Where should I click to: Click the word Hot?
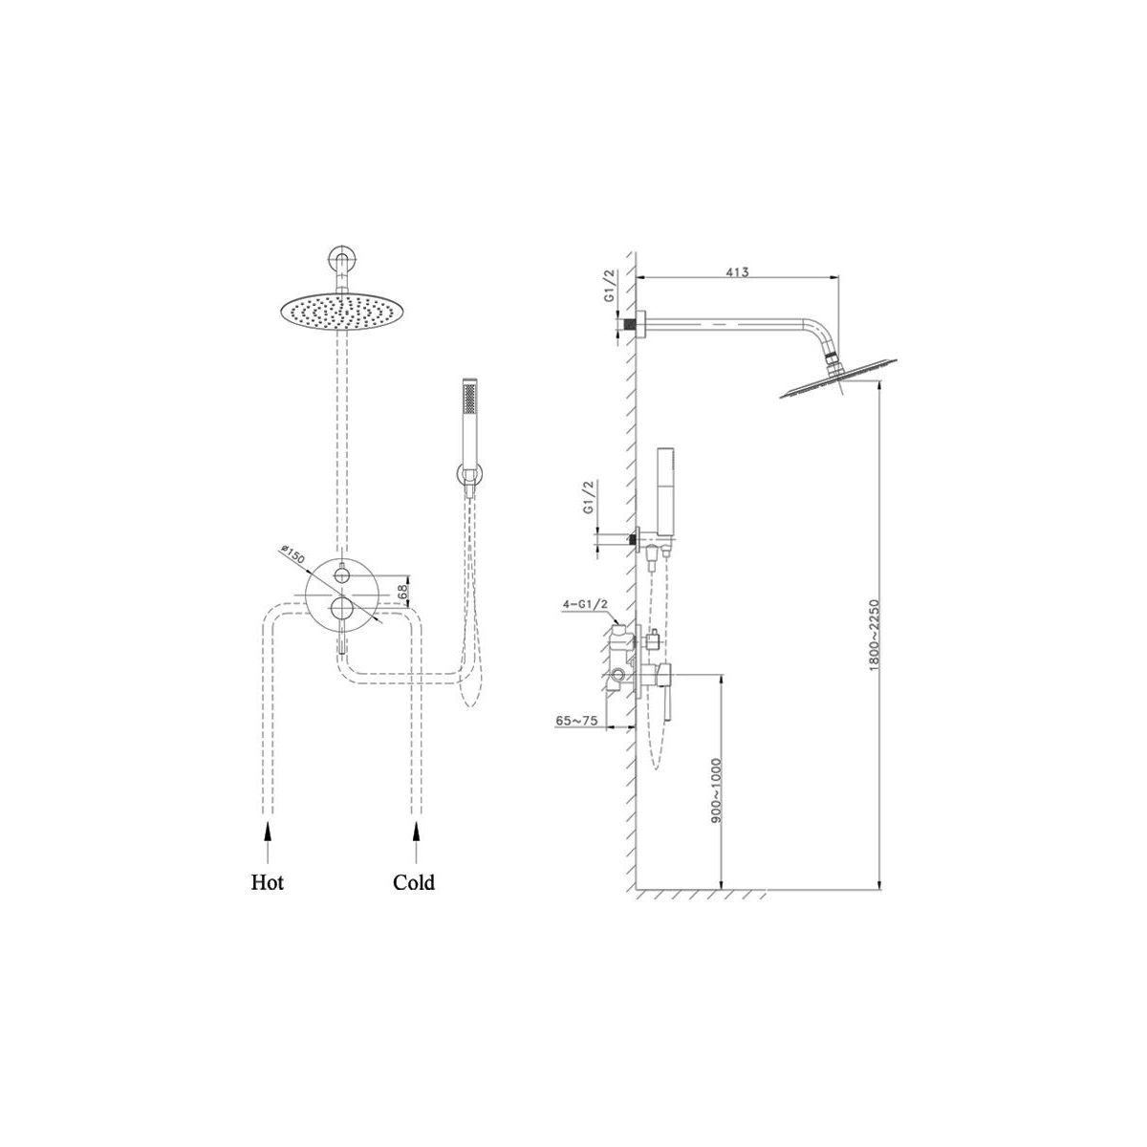(268, 881)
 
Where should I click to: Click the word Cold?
(414, 881)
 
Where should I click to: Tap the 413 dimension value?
(738, 272)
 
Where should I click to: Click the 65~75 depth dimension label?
(576, 721)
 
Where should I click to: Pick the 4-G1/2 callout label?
(585, 605)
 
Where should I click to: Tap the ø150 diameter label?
(292, 554)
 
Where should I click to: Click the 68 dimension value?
(402, 591)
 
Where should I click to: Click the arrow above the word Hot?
(268, 842)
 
